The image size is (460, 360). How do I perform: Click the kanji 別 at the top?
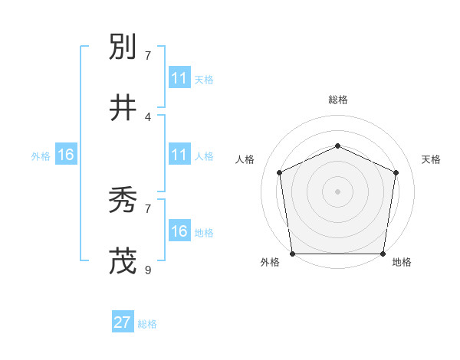point(123,47)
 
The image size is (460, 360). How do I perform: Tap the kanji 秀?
point(123,201)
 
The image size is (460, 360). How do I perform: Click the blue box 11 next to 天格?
point(179,78)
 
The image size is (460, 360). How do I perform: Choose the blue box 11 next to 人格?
point(179,155)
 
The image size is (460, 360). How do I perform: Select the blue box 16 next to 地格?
point(179,231)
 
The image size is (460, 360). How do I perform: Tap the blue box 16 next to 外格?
point(66,155)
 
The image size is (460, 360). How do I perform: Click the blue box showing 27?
point(122,322)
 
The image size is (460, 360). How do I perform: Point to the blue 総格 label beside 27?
point(147,324)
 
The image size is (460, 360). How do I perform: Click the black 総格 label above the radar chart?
point(337,100)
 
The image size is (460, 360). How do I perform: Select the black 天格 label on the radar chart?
point(431,159)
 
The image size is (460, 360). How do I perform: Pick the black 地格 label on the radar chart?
point(402,263)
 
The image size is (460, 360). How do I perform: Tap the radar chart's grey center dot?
point(337,191)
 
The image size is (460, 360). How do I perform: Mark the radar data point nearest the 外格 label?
point(292,254)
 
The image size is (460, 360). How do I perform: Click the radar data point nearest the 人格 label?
point(279,172)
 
